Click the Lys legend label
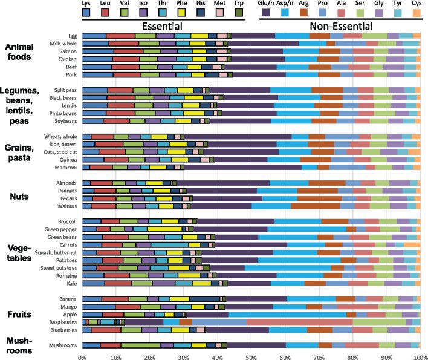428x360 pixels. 88,4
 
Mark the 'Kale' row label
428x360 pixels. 71,283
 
